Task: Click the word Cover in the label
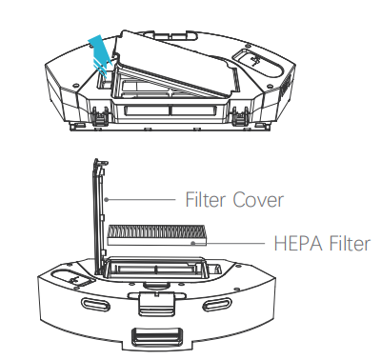(258, 200)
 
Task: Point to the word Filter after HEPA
(350, 244)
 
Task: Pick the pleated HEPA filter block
(157, 235)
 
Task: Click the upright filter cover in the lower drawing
(100, 217)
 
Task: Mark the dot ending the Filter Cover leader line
(107, 200)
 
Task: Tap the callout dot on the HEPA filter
(192, 244)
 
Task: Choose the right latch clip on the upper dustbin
(240, 116)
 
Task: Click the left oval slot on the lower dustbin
(96, 304)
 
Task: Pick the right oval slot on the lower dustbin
(216, 306)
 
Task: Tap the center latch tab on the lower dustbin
(156, 303)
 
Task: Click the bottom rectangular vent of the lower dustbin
(157, 337)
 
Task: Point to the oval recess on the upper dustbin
(258, 63)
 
